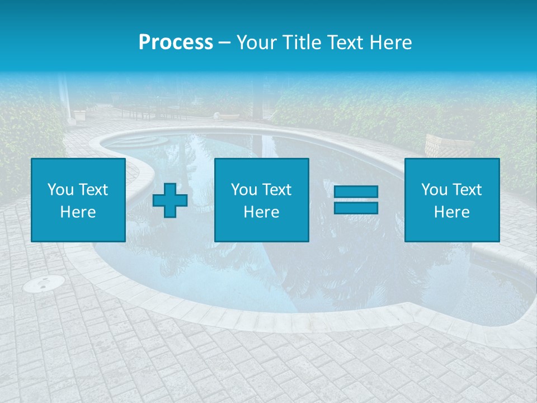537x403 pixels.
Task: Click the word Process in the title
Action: point(176,43)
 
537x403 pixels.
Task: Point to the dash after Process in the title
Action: point(224,43)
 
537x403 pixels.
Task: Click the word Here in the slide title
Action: point(390,43)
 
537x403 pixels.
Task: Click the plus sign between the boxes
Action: point(170,200)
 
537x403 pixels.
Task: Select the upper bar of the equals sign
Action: point(356,192)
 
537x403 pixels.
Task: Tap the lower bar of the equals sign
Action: point(356,208)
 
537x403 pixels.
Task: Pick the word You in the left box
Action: point(60,190)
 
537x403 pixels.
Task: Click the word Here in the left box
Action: point(78,212)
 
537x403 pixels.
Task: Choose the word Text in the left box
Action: point(93,190)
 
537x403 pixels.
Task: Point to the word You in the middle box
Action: point(244,190)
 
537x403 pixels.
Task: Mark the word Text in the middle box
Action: point(276,190)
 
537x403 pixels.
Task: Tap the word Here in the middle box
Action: point(261,212)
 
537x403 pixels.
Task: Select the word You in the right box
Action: point(434,190)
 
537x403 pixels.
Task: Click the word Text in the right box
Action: point(467,190)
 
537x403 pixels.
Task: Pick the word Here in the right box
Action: point(451,212)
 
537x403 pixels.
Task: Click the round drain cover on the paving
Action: point(43,284)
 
